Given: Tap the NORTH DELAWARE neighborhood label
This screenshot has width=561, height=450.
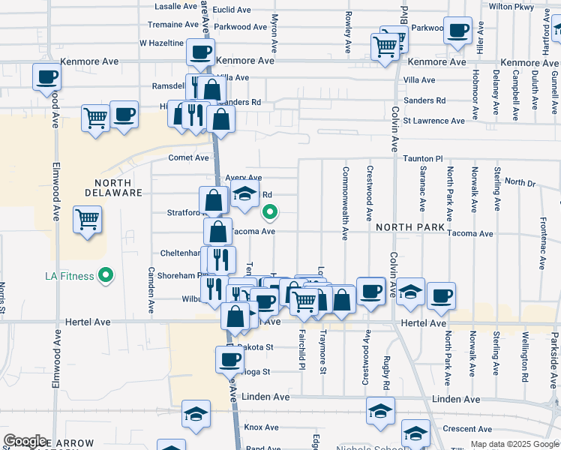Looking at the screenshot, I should click(118, 187).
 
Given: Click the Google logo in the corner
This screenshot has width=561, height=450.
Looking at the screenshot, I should click(25, 441).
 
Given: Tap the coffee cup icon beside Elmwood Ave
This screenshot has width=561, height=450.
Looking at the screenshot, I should click(46, 76).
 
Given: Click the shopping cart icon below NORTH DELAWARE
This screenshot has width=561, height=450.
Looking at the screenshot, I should click(88, 220).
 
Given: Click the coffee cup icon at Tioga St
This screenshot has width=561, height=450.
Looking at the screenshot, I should click(229, 359).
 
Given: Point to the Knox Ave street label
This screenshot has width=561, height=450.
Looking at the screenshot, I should click(261, 427).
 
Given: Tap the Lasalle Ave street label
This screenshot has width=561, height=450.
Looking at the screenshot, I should click(175, 6).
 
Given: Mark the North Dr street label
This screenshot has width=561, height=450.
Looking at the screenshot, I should click(520, 182).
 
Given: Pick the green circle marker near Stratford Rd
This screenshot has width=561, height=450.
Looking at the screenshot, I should click(271, 213).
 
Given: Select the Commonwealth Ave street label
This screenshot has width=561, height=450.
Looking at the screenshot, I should click(346, 203).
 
